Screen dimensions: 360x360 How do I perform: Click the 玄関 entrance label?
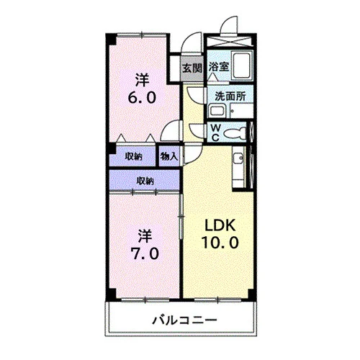(x=192, y=68)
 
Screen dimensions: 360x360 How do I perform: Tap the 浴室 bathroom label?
(x=219, y=66)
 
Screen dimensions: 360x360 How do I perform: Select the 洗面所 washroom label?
(x=230, y=96)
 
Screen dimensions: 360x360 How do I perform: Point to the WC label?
(x=215, y=132)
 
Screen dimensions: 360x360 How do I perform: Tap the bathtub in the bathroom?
(x=242, y=66)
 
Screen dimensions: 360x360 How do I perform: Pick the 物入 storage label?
(x=169, y=156)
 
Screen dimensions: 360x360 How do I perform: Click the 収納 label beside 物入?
(x=133, y=157)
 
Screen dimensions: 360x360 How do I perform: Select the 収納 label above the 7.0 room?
(x=145, y=181)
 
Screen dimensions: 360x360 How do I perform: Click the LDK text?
(x=220, y=225)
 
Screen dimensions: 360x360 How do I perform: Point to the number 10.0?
(x=220, y=242)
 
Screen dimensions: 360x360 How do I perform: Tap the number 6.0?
(x=142, y=97)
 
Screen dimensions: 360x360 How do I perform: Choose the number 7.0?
(x=145, y=253)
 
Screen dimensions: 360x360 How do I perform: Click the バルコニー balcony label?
(x=184, y=320)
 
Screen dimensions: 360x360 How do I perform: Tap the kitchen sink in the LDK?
(x=238, y=158)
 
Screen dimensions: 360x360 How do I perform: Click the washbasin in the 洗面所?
(x=217, y=111)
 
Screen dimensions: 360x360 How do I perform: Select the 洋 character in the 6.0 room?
(x=142, y=80)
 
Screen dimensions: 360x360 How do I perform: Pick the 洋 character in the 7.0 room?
(x=145, y=236)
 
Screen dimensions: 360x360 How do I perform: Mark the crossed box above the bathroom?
(x=230, y=41)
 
